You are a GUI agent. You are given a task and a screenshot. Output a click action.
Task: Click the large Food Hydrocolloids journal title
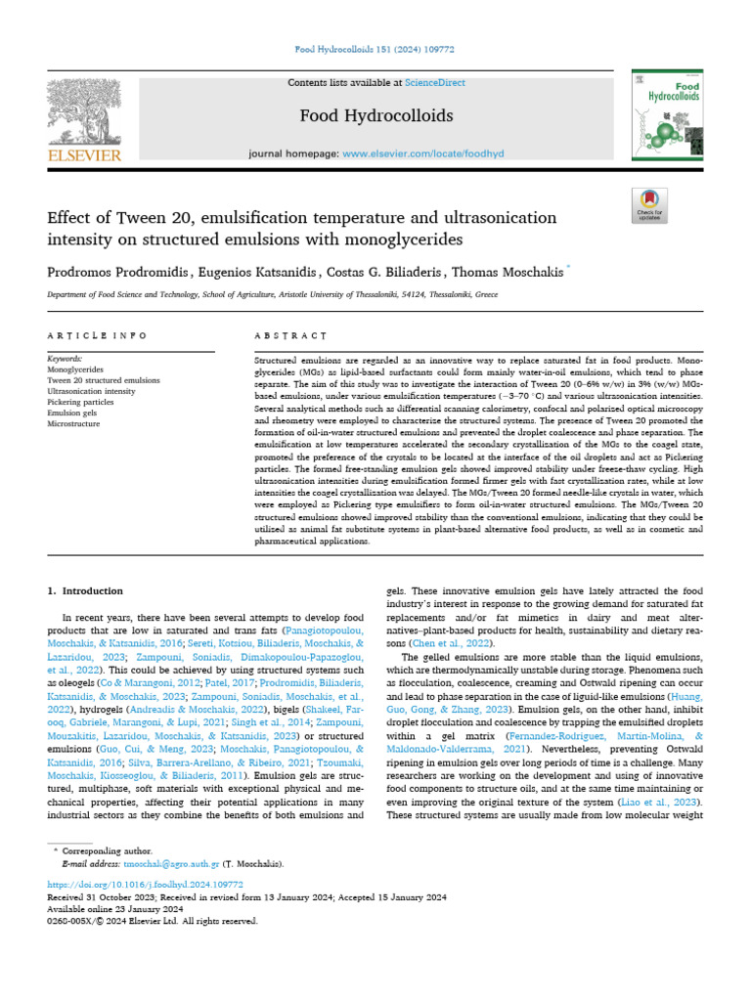coord(375,116)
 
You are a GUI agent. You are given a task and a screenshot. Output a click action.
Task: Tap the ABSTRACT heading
coord(289,335)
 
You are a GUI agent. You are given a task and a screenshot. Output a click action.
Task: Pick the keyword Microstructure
coord(73,424)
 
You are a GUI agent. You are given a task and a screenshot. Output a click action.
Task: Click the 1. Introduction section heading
coord(85,591)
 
